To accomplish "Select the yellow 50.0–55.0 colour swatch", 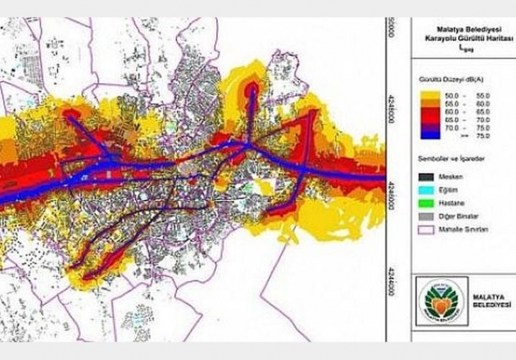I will tap(427, 94).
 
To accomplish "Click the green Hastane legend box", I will tap(427, 194).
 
